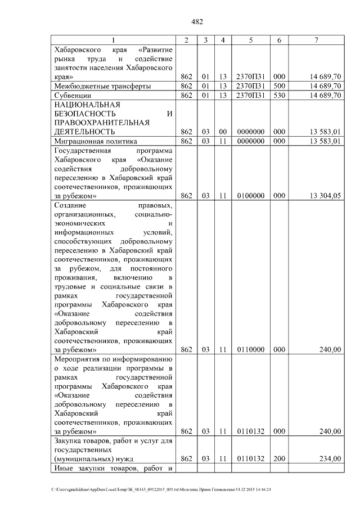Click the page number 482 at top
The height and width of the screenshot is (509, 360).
pos(197,22)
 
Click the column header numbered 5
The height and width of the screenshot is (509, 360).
pos(250,40)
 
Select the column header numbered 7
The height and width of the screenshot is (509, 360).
pos(317,40)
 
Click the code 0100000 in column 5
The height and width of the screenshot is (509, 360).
pos(250,196)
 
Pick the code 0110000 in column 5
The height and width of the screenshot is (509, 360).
pos(250,349)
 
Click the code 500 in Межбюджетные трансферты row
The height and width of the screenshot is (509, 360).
pos(280,86)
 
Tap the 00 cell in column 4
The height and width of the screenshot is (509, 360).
pos(223,132)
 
